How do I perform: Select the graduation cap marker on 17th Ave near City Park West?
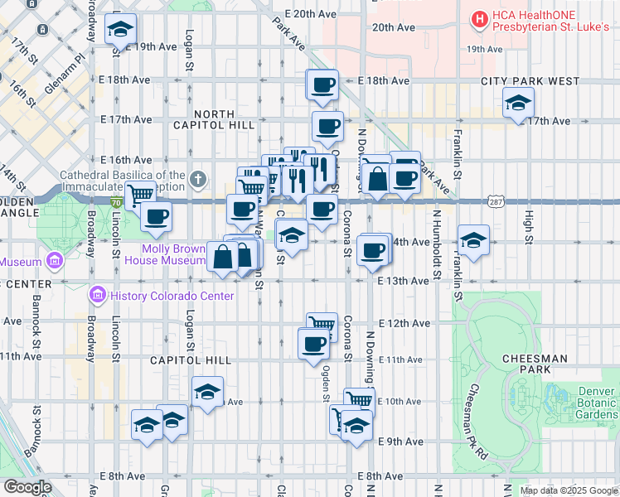pyautogui.click(x=518, y=104)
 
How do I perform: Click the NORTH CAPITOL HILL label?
pyautogui.click(x=225, y=118)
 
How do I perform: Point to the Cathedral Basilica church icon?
pyautogui.click(x=197, y=179)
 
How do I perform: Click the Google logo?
pyautogui.click(x=27, y=487)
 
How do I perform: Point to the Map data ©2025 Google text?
pyautogui.click(x=568, y=490)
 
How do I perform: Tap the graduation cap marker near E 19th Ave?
pyautogui.click(x=121, y=31)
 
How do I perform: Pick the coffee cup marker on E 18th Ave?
pyautogui.click(x=322, y=84)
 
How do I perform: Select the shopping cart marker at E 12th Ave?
pyautogui.click(x=321, y=325)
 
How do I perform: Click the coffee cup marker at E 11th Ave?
pyautogui.click(x=312, y=343)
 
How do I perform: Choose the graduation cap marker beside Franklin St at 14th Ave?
pyautogui.click(x=472, y=240)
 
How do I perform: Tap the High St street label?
pyautogui.click(x=529, y=222)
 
